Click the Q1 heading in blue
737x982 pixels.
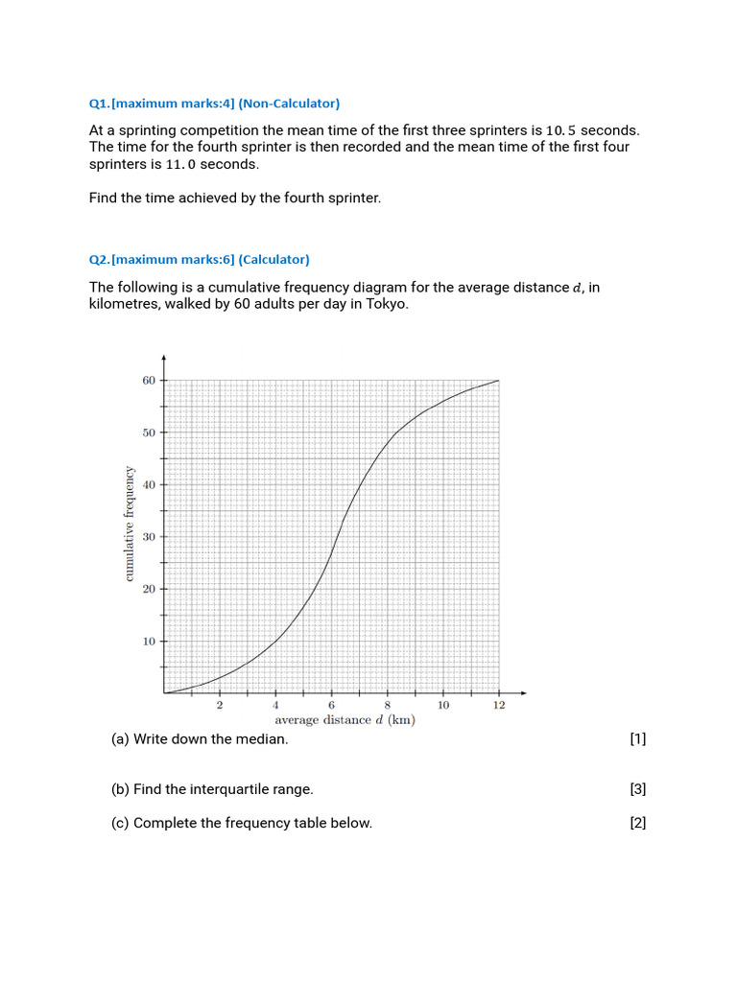(214, 104)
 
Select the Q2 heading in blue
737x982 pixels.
(199, 260)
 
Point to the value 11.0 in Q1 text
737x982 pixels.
(185, 164)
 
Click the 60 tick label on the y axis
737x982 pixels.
(149, 381)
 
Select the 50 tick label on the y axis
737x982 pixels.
(149, 433)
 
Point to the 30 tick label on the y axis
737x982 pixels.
(149, 537)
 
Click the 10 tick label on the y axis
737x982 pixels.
(149, 642)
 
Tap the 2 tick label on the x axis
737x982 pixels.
(220, 705)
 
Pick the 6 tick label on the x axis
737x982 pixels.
(332, 705)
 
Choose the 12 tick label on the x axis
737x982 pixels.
(499, 705)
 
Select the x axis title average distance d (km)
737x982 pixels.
(345, 720)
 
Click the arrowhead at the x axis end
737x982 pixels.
(524, 692)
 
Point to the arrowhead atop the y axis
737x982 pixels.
(164, 359)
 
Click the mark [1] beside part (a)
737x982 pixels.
(638, 738)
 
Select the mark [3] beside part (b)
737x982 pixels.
(638, 789)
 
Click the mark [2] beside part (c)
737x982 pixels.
(638, 823)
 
